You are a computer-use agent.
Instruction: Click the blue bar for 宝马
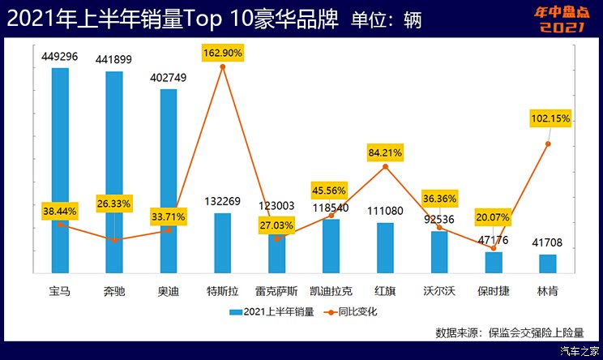pyautogui.click(x=60, y=170)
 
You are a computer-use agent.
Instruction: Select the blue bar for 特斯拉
pyautogui.click(x=222, y=243)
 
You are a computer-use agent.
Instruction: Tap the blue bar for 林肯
pyautogui.click(x=548, y=264)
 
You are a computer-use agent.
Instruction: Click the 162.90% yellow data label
pyautogui.click(x=223, y=53)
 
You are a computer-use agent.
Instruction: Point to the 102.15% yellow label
pyautogui.click(x=550, y=119)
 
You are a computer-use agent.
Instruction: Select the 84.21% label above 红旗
pyautogui.click(x=385, y=152)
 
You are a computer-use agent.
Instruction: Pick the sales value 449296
pyautogui.click(x=60, y=58)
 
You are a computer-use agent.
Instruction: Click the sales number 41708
pyautogui.click(x=548, y=242)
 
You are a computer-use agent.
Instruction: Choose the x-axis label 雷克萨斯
pyautogui.click(x=276, y=289)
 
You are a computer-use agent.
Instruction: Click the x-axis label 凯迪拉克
pyautogui.click(x=331, y=289)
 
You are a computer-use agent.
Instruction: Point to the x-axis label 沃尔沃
pyautogui.click(x=439, y=289)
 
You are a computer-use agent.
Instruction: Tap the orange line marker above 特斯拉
pyautogui.click(x=223, y=66)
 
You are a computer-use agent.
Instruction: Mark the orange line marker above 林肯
pyautogui.click(x=548, y=144)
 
